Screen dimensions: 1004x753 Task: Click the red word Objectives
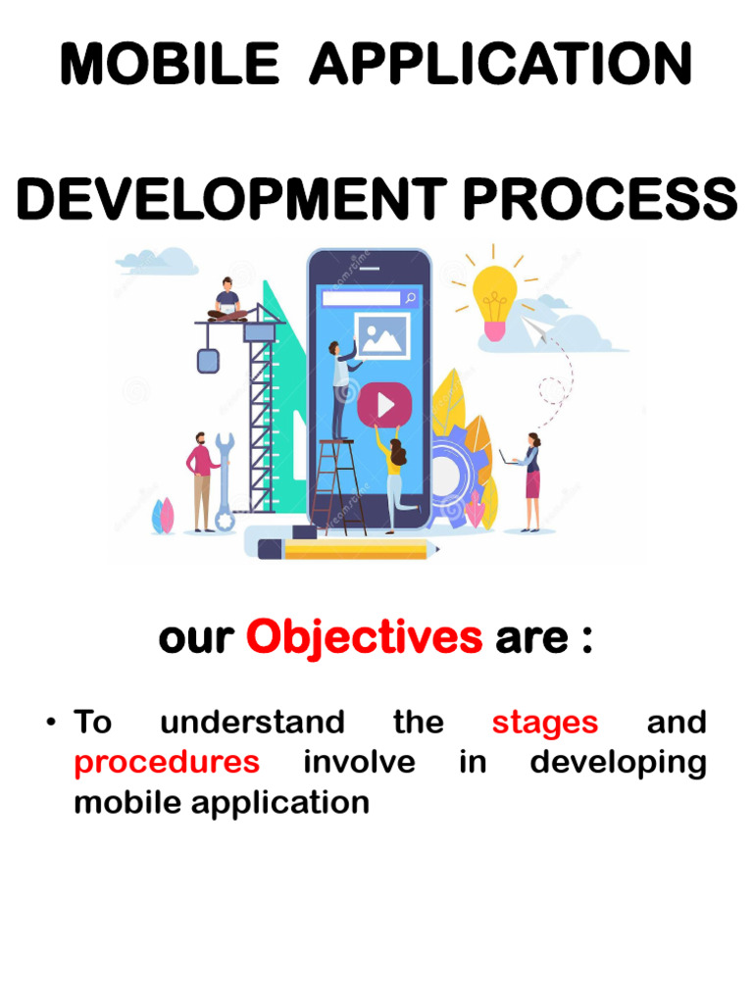pyautogui.click(x=364, y=638)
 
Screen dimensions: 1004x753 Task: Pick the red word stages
pyautogui.click(x=544, y=723)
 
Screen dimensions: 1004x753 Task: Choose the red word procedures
pyautogui.click(x=167, y=762)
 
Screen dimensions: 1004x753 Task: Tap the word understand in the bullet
pyautogui.click(x=252, y=723)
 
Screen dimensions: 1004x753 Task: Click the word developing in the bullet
pyautogui.click(x=618, y=763)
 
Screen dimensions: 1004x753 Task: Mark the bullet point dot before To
pyautogui.click(x=48, y=724)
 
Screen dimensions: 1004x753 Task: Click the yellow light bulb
pyautogui.click(x=495, y=300)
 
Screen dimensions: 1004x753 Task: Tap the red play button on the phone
pyautogui.click(x=383, y=404)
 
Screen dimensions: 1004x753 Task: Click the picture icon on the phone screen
pyautogui.click(x=382, y=336)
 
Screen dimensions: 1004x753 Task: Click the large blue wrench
pyautogui.click(x=225, y=480)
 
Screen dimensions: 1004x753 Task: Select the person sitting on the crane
pyautogui.click(x=227, y=301)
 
